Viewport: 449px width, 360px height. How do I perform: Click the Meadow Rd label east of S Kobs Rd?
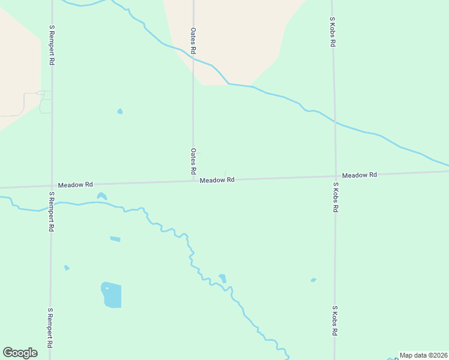pyautogui.click(x=359, y=175)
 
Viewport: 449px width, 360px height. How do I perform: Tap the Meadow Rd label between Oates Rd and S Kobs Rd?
pyautogui.click(x=217, y=180)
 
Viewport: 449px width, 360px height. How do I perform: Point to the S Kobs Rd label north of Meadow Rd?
pyautogui.click(x=332, y=32)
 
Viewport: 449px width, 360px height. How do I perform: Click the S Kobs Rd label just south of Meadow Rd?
pyautogui.click(x=336, y=202)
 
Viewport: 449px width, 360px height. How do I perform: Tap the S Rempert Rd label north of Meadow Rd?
pyautogui.click(x=52, y=45)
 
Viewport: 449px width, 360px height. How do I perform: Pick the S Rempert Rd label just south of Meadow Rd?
pyautogui.click(x=52, y=212)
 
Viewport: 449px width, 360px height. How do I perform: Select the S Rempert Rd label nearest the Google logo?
pyautogui.click(x=50, y=328)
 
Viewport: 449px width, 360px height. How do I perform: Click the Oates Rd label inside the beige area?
pyautogui.click(x=193, y=41)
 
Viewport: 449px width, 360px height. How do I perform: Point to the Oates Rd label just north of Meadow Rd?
pyautogui.click(x=193, y=161)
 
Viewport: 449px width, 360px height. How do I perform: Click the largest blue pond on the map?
pyautogui.click(x=112, y=295)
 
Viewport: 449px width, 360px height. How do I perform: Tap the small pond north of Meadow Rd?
pyautogui.click(x=120, y=111)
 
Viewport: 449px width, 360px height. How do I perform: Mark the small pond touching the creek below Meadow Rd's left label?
pyautogui.click(x=101, y=196)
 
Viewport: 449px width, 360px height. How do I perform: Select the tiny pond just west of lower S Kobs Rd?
pyautogui.click(x=313, y=280)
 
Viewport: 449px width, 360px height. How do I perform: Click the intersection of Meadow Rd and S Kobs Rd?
pyautogui.click(x=335, y=176)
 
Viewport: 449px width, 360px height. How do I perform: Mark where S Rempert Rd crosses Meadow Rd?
pyautogui.click(x=52, y=186)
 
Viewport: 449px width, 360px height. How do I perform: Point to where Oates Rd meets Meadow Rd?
pyautogui.click(x=193, y=181)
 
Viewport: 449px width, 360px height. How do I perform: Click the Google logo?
pyautogui.click(x=20, y=353)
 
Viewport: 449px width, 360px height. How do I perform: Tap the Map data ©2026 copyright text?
pyautogui.click(x=423, y=355)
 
